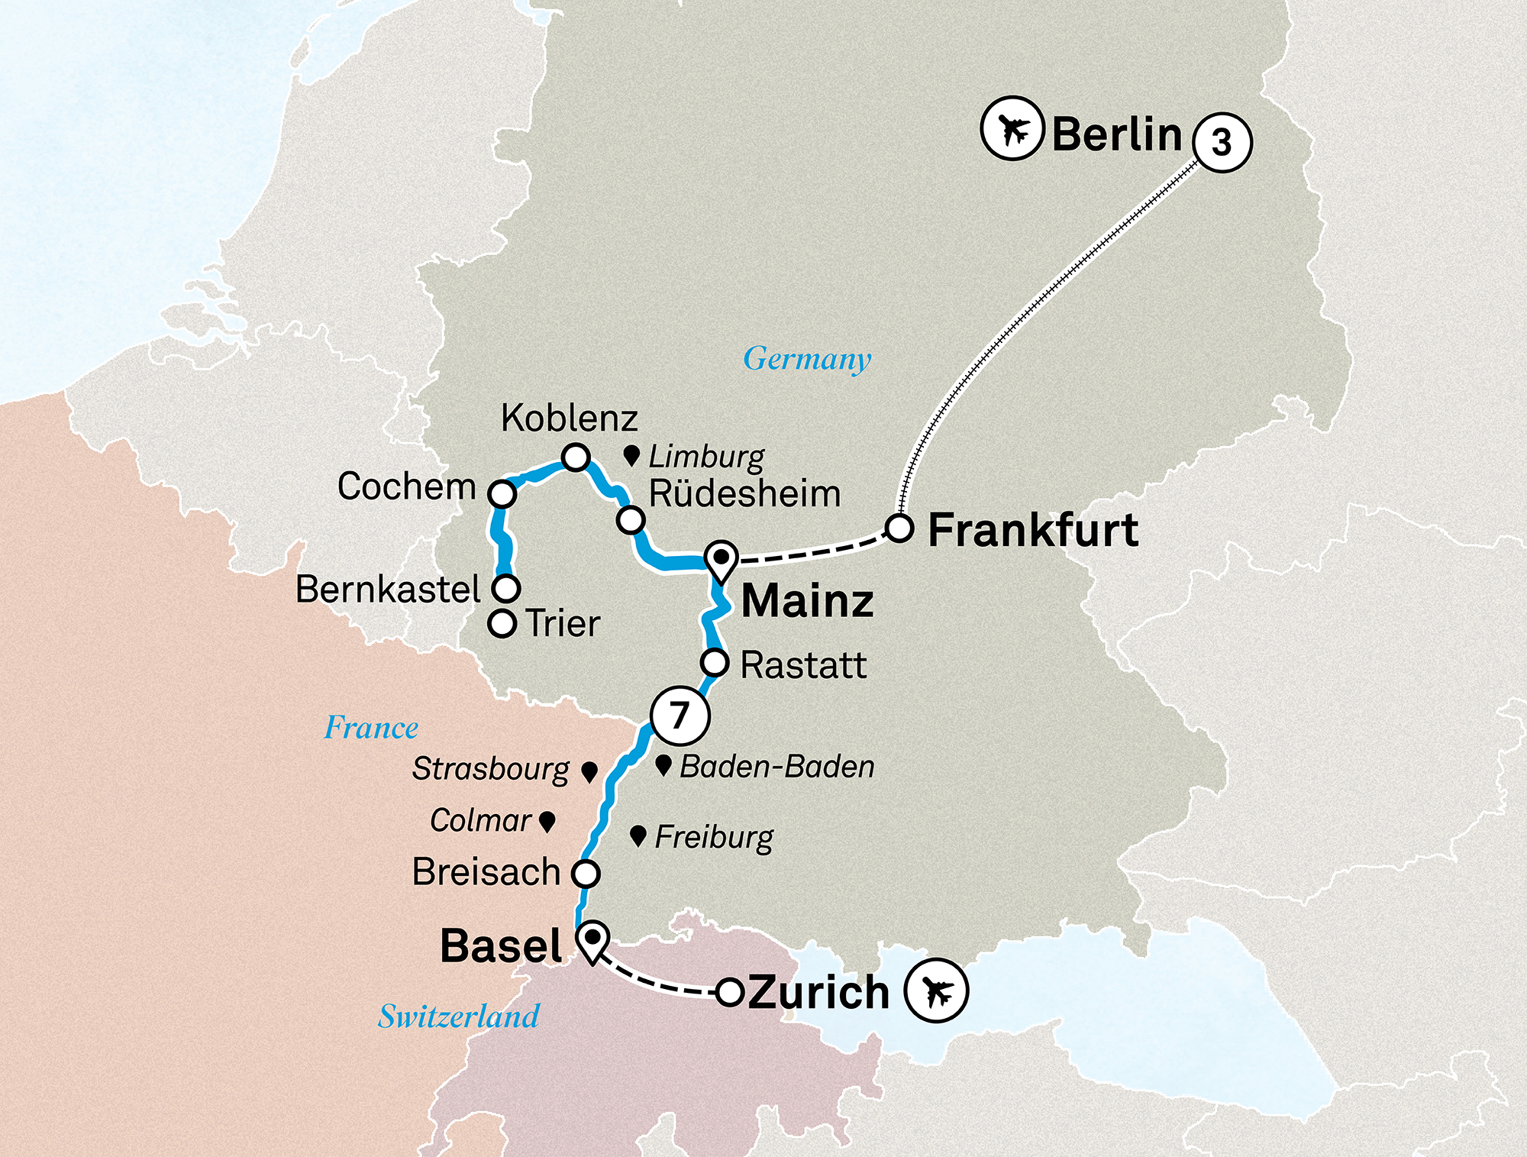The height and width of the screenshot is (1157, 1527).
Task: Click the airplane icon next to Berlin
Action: [x=1012, y=128]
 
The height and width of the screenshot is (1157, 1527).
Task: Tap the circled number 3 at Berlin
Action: [x=1222, y=143]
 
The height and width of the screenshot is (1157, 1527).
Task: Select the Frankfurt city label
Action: [x=1032, y=531]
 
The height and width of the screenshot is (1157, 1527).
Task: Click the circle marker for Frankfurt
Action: [x=899, y=528]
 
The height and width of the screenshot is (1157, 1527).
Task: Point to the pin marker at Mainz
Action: [x=721, y=559]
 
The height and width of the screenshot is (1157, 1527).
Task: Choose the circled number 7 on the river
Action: [x=680, y=716]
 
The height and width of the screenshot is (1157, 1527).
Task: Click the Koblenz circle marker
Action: [x=575, y=457]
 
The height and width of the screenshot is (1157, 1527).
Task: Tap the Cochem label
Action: [x=406, y=486]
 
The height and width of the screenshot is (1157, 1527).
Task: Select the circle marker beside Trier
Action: [x=502, y=623]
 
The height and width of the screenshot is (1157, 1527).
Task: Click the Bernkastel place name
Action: [x=388, y=589]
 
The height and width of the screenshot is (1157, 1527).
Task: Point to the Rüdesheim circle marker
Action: [x=631, y=520]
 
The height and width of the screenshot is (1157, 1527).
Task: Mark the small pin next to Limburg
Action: [x=631, y=457]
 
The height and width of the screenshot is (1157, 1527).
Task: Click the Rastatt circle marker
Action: [x=715, y=662]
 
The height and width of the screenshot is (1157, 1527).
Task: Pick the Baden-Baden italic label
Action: [x=776, y=767]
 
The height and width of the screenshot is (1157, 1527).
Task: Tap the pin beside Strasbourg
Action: [x=589, y=771]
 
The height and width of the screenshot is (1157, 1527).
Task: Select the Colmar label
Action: [x=480, y=821]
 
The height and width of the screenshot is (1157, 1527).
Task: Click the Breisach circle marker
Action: [x=586, y=873]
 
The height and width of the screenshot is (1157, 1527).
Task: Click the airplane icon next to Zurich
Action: [x=936, y=991]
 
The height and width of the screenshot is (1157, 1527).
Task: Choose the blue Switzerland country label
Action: [x=459, y=1016]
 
